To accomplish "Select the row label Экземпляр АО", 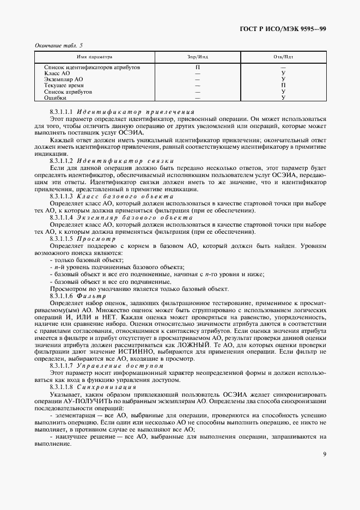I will (x=63, y=79).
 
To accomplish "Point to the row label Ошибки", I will (x=55, y=98).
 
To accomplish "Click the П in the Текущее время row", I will (x=283, y=86).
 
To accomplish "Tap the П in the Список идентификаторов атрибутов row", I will (x=197, y=66).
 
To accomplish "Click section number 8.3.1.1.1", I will (x=61, y=111).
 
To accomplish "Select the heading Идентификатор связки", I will (x=125, y=161).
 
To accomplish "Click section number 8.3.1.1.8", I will (x=61, y=386).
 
